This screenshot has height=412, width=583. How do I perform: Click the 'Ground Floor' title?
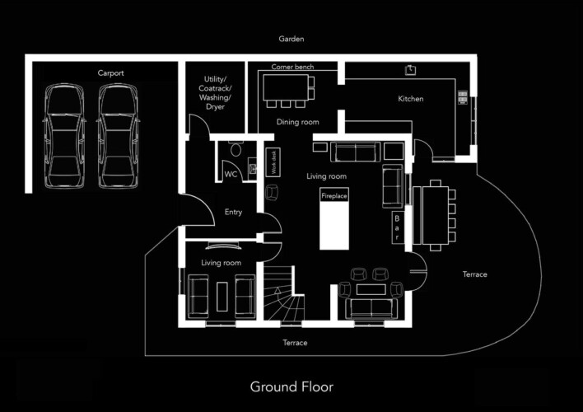pyautogui.click(x=291, y=386)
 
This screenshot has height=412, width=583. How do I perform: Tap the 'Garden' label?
pyautogui.click(x=291, y=39)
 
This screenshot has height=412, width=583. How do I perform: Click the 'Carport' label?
pyautogui.click(x=110, y=73)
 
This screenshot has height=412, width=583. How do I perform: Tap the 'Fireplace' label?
pyautogui.click(x=333, y=197)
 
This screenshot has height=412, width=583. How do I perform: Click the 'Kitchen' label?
pyautogui.click(x=411, y=99)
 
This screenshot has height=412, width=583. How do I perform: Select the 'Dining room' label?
pyautogui.click(x=297, y=123)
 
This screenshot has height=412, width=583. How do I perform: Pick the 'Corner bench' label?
pyautogui.click(x=292, y=67)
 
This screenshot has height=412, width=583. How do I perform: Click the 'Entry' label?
pyautogui.click(x=233, y=213)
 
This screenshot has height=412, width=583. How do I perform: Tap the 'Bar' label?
pyautogui.click(x=398, y=227)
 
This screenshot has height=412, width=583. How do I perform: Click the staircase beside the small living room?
pyautogui.click(x=285, y=297)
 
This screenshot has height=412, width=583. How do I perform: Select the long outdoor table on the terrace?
pyautogui.click(x=432, y=216)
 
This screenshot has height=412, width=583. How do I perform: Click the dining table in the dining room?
pyautogui.click(x=288, y=86)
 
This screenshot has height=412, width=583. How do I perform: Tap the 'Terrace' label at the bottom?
pyautogui.click(x=295, y=343)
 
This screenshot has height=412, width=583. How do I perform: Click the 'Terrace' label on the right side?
pyautogui.click(x=474, y=274)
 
